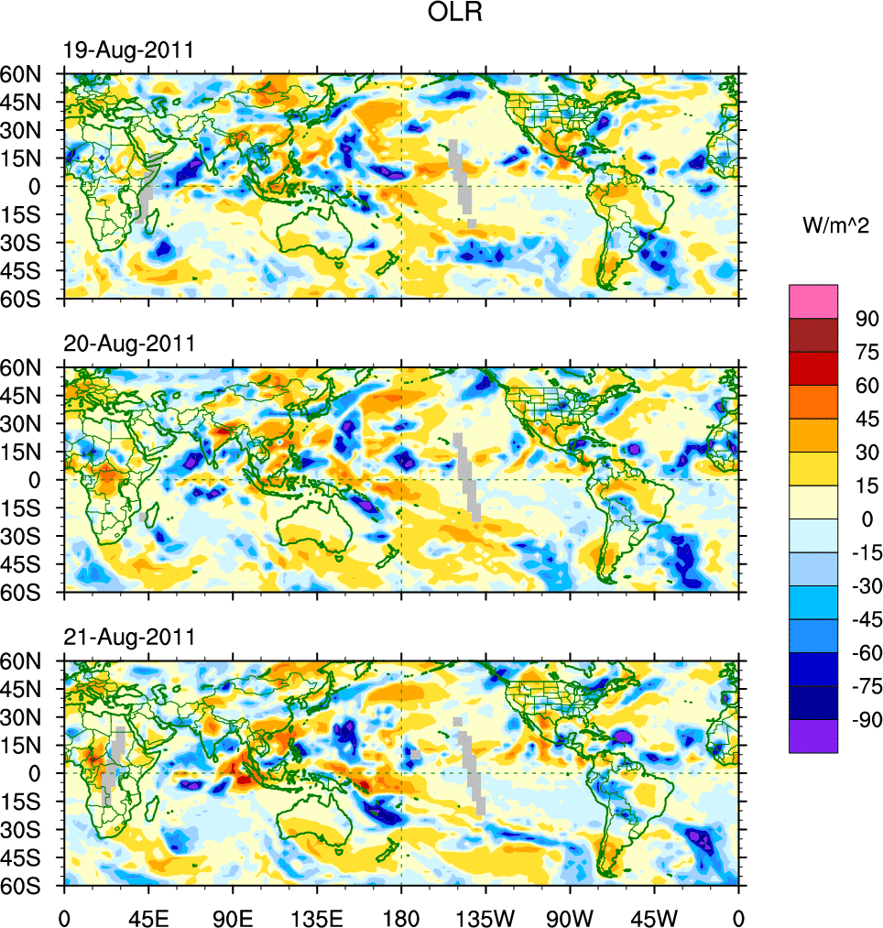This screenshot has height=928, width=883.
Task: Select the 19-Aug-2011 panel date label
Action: (x=128, y=50)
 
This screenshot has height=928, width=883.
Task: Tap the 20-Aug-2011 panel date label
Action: (x=128, y=344)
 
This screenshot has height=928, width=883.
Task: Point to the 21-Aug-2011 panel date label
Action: (x=128, y=637)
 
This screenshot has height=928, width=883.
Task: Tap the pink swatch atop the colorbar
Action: (x=812, y=300)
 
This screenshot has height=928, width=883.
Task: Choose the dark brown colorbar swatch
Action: (x=812, y=334)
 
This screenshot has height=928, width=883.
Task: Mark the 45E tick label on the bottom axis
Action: (x=148, y=915)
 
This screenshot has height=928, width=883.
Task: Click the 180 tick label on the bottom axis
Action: (x=401, y=915)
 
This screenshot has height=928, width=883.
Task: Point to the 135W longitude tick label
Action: (x=485, y=915)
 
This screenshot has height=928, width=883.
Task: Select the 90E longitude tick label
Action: (x=233, y=915)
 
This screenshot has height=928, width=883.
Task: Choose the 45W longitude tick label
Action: (x=654, y=915)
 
